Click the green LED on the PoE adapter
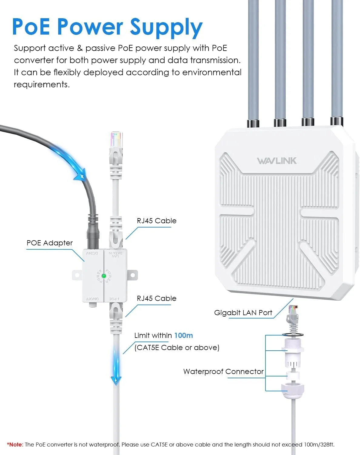click(x=104, y=276)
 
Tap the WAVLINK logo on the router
click(x=277, y=161)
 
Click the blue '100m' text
click(x=183, y=335)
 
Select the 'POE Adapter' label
click(x=50, y=243)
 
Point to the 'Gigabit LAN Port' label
click(x=243, y=313)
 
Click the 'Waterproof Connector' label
click(x=223, y=372)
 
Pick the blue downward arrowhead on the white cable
click(x=116, y=381)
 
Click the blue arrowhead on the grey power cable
click(x=81, y=174)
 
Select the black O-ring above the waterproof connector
click(x=293, y=335)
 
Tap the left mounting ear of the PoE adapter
click(x=77, y=275)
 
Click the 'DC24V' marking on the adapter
click(x=92, y=253)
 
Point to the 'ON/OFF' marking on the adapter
click(x=92, y=299)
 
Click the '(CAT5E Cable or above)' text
click(x=177, y=348)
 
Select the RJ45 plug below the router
click(x=293, y=315)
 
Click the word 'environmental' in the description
click(x=212, y=72)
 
